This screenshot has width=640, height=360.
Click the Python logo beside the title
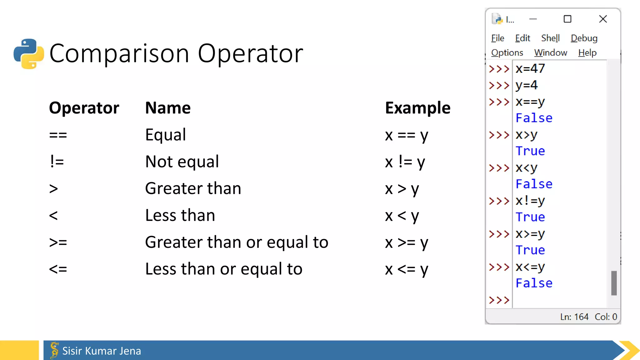29,54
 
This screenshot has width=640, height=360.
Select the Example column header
417,108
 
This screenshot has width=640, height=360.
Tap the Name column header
168,108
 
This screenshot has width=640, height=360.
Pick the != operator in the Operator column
57,162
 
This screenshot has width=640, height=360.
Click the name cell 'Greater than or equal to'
237,242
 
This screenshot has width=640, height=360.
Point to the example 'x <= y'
407,269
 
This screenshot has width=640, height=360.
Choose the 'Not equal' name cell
182,162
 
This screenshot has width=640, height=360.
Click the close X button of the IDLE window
603,19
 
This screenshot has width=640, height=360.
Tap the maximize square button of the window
567,19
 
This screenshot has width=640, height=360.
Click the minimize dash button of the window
533,19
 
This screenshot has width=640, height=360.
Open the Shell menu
550,38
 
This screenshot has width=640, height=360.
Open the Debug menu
584,38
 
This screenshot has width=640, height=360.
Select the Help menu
587,53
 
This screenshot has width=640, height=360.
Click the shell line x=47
530,69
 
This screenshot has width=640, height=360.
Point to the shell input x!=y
530,201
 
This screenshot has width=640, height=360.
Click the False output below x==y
534,118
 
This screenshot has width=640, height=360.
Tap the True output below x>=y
530,250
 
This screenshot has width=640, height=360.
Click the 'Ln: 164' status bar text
574,317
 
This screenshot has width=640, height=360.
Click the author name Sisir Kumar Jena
102,351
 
